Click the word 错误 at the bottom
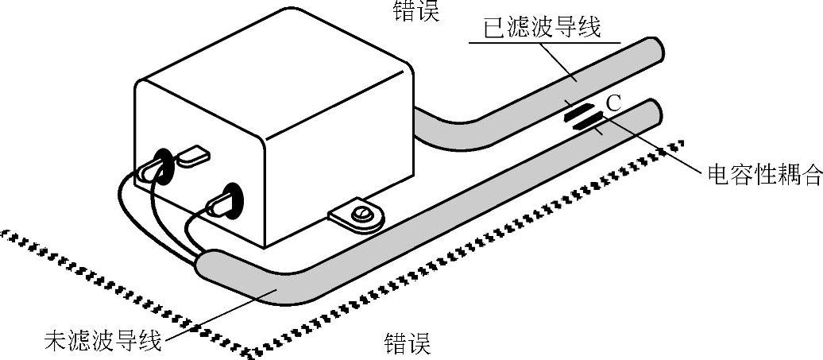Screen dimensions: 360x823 point(407,344)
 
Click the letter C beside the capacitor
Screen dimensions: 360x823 point(612,103)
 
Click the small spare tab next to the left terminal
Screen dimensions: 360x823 point(191,156)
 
